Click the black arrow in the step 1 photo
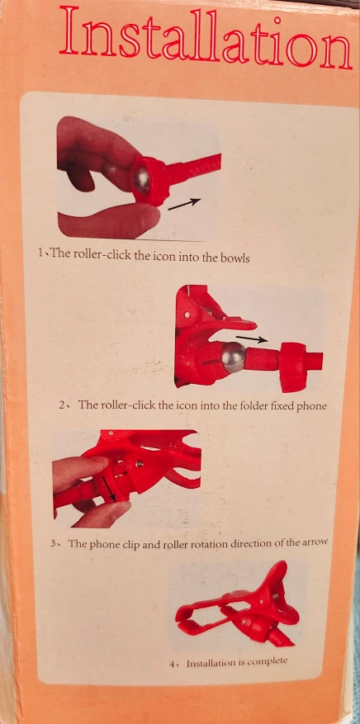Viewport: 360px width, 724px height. tap(184, 204)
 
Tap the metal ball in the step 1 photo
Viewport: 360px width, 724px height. tap(142, 180)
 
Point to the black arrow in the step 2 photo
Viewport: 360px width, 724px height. tap(252, 339)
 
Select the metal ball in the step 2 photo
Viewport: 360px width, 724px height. tap(233, 357)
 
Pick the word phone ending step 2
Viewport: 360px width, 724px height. tap(312, 406)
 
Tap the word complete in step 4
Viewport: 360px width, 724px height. tap(268, 661)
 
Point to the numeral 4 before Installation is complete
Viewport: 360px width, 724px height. tap(172, 664)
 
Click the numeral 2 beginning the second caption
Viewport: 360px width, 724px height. tap(62, 406)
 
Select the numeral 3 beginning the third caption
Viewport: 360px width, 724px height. tap(54, 543)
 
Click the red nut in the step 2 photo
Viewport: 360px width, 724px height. tap(294, 367)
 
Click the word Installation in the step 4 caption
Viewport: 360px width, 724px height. tap(210, 663)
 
